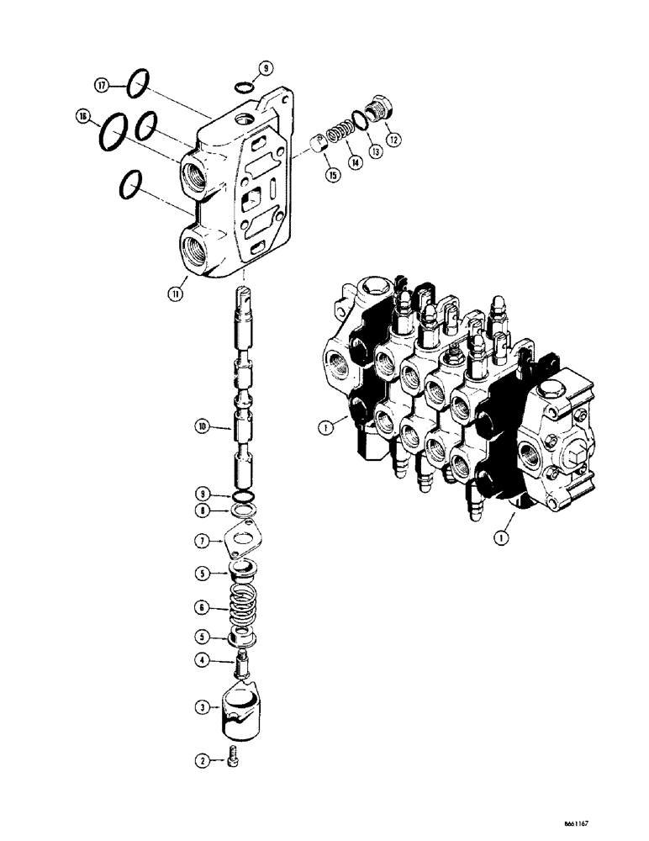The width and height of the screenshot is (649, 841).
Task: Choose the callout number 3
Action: point(202,708)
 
